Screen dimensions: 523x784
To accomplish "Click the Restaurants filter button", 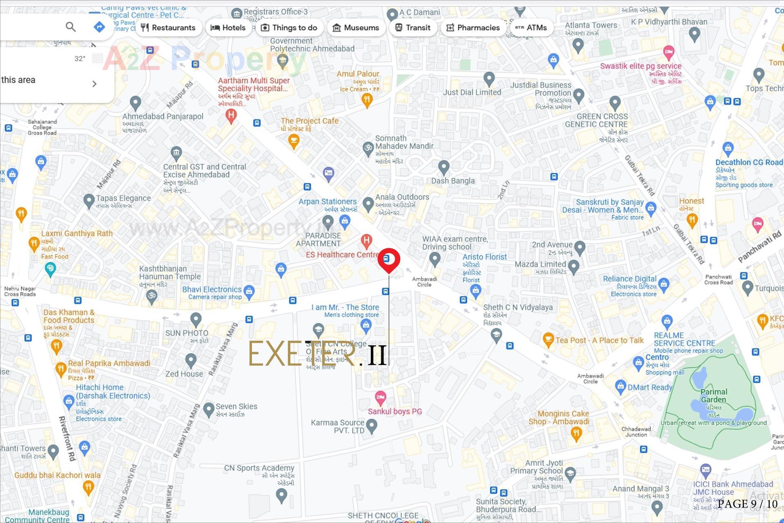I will click(x=168, y=28).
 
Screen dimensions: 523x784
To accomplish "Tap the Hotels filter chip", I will click(x=228, y=28).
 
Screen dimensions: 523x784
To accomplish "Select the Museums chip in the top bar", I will click(x=356, y=28).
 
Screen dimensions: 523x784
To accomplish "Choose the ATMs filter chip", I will click(x=531, y=28).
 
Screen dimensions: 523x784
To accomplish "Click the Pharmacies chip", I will click(x=473, y=28).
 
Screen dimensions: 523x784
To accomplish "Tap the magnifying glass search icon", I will click(x=71, y=27).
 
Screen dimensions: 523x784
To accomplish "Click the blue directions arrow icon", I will click(x=99, y=27).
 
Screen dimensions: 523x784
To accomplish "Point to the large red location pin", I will click(x=389, y=259).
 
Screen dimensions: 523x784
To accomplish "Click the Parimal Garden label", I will click(x=714, y=396).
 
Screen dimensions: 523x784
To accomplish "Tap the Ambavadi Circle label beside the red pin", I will click(x=424, y=282).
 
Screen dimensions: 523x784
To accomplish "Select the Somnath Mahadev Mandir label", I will click(x=404, y=142).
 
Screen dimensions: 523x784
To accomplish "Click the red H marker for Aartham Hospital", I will click(x=231, y=116).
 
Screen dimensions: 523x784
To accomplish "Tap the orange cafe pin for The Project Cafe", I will click(x=294, y=141).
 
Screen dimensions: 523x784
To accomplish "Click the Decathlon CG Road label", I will click(x=749, y=162).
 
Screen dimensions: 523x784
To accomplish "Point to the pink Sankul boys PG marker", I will click(x=380, y=397).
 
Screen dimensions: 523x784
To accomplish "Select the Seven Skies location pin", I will click(x=209, y=409).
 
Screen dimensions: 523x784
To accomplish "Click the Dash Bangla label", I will click(x=453, y=181).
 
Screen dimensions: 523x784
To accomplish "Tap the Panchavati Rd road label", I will click(x=759, y=246).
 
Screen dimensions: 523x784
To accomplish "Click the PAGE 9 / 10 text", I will click(x=747, y=504).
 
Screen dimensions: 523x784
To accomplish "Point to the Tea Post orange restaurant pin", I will click(x=548, y=339).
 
